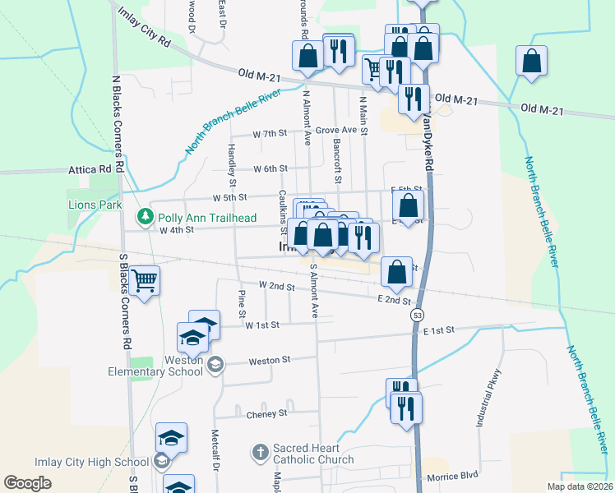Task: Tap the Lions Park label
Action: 95,205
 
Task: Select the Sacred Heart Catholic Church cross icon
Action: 260,451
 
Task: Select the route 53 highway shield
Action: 418,316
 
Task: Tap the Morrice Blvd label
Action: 451,477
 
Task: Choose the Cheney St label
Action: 266,415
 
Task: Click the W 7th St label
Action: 270,133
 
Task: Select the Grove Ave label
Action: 336,130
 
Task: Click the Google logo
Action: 27,483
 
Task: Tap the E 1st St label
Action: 439,329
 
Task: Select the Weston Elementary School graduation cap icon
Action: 215,364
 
